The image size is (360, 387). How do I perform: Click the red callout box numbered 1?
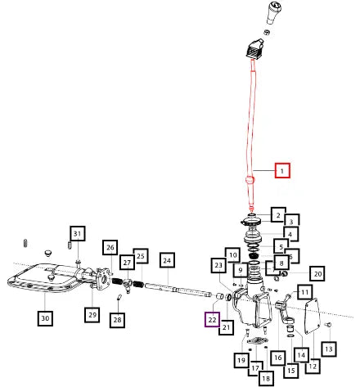[282, 170]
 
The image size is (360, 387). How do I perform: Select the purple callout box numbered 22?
[212, 320]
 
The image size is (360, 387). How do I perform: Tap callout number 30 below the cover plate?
[45, 318]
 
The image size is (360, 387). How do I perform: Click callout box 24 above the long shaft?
[167, 260]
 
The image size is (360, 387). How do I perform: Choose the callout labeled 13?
[329, 349]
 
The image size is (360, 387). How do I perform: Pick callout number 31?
[78, 233]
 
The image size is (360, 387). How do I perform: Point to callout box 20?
[317, 273]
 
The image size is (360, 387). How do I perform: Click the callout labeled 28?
[118, 320]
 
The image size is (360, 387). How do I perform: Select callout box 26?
[110, 247]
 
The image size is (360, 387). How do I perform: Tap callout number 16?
[278, 358]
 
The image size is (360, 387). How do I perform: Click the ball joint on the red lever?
[250, 180]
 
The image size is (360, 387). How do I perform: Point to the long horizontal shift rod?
[178, 290]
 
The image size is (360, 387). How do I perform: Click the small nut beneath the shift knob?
[267, 32]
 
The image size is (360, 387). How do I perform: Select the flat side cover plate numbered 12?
[312, 316]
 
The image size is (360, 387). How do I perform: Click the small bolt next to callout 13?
[329, 325]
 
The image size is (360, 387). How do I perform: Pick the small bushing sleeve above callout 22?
[220, 296]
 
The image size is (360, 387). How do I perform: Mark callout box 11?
[305, 292]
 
